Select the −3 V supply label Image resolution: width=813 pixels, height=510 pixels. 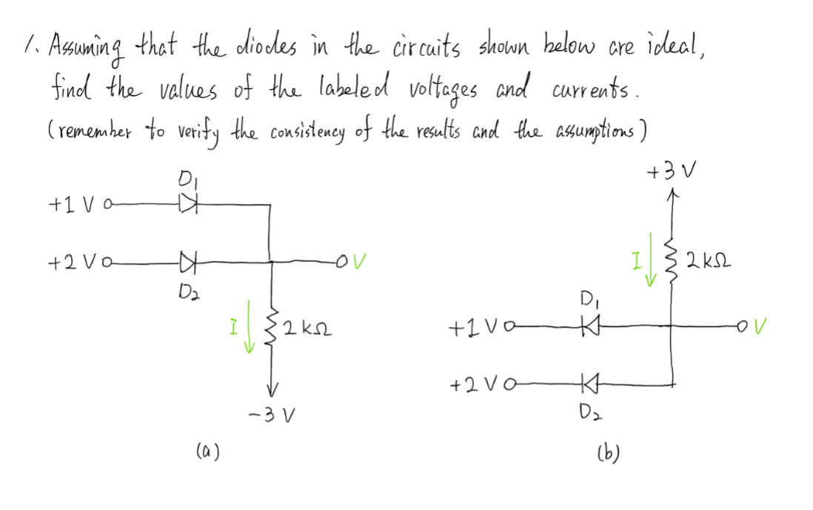[273, 413]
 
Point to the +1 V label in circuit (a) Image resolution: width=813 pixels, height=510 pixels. [70, 202]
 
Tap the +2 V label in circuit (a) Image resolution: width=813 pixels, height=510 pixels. [71, 261]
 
